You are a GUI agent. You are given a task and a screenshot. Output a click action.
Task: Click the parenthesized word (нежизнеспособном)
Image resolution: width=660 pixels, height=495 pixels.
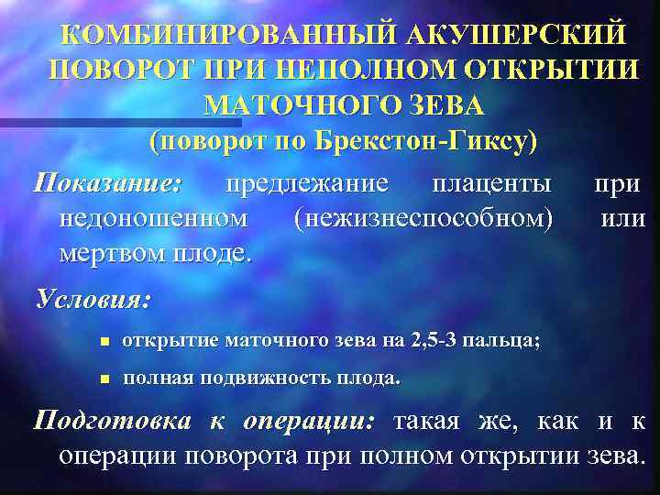(x=423, y=218)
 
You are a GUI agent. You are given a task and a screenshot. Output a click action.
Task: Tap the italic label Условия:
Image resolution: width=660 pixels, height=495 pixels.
(x=93, y=300)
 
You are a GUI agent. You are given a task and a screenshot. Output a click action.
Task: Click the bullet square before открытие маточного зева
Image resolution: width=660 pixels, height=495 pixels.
(x=104, y=342)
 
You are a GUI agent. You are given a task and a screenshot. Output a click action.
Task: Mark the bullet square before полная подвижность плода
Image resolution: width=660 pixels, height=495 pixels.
(x=104, y=379)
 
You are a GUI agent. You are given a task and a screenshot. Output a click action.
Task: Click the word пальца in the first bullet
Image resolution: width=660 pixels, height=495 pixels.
(x=510, y=341)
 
